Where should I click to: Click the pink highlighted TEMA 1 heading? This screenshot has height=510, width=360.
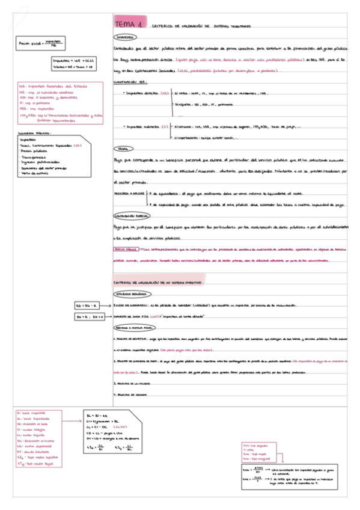[x=129, y=25]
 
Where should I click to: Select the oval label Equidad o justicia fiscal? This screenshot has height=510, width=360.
[x=134, y=327]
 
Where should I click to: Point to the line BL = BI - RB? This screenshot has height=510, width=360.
[x=97, y=416]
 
